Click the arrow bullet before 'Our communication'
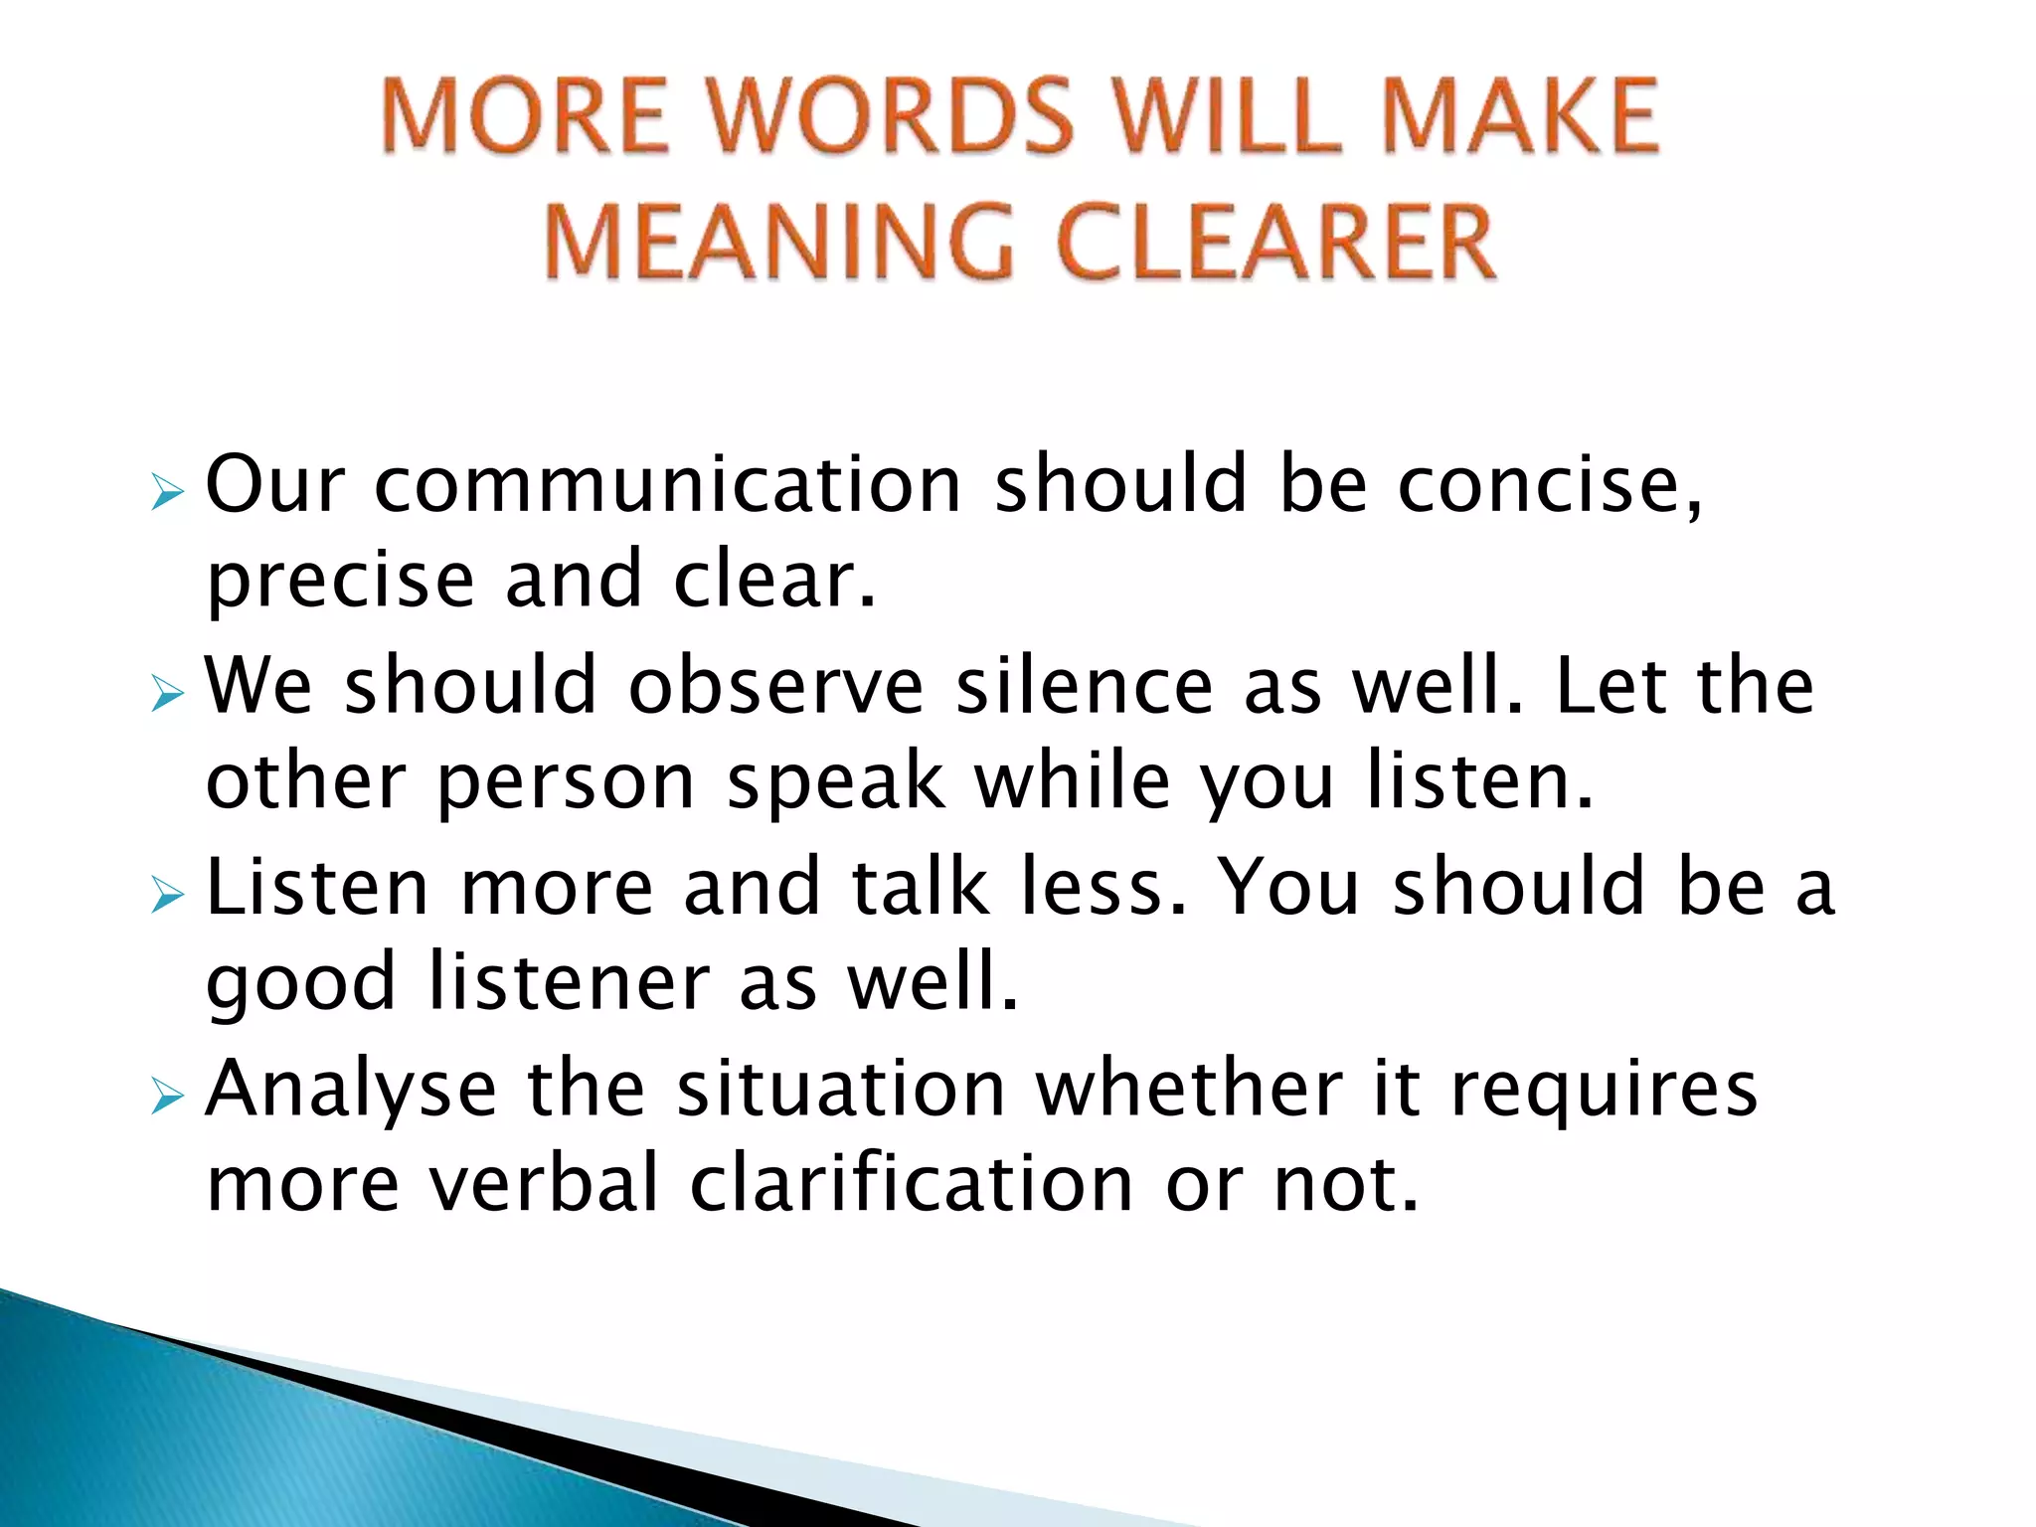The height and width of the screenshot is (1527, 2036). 168,491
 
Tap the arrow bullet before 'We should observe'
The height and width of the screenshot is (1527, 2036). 168,694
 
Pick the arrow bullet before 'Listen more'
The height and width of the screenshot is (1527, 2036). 168,896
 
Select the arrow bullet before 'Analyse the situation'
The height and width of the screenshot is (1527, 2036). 168,1098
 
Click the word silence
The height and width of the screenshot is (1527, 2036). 1084,687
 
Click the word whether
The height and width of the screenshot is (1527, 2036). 1189,1090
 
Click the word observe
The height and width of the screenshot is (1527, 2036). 775,687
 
